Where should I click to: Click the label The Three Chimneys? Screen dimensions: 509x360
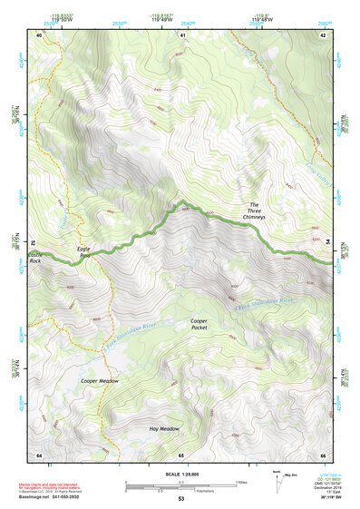click(255, 211)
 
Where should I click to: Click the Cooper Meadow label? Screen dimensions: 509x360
click(99, 381)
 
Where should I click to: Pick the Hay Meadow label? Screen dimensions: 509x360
click(164, 428)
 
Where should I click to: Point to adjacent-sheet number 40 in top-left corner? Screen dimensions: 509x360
click(39, 34)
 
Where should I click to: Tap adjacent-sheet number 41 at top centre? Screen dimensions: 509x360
click(181, 34)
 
